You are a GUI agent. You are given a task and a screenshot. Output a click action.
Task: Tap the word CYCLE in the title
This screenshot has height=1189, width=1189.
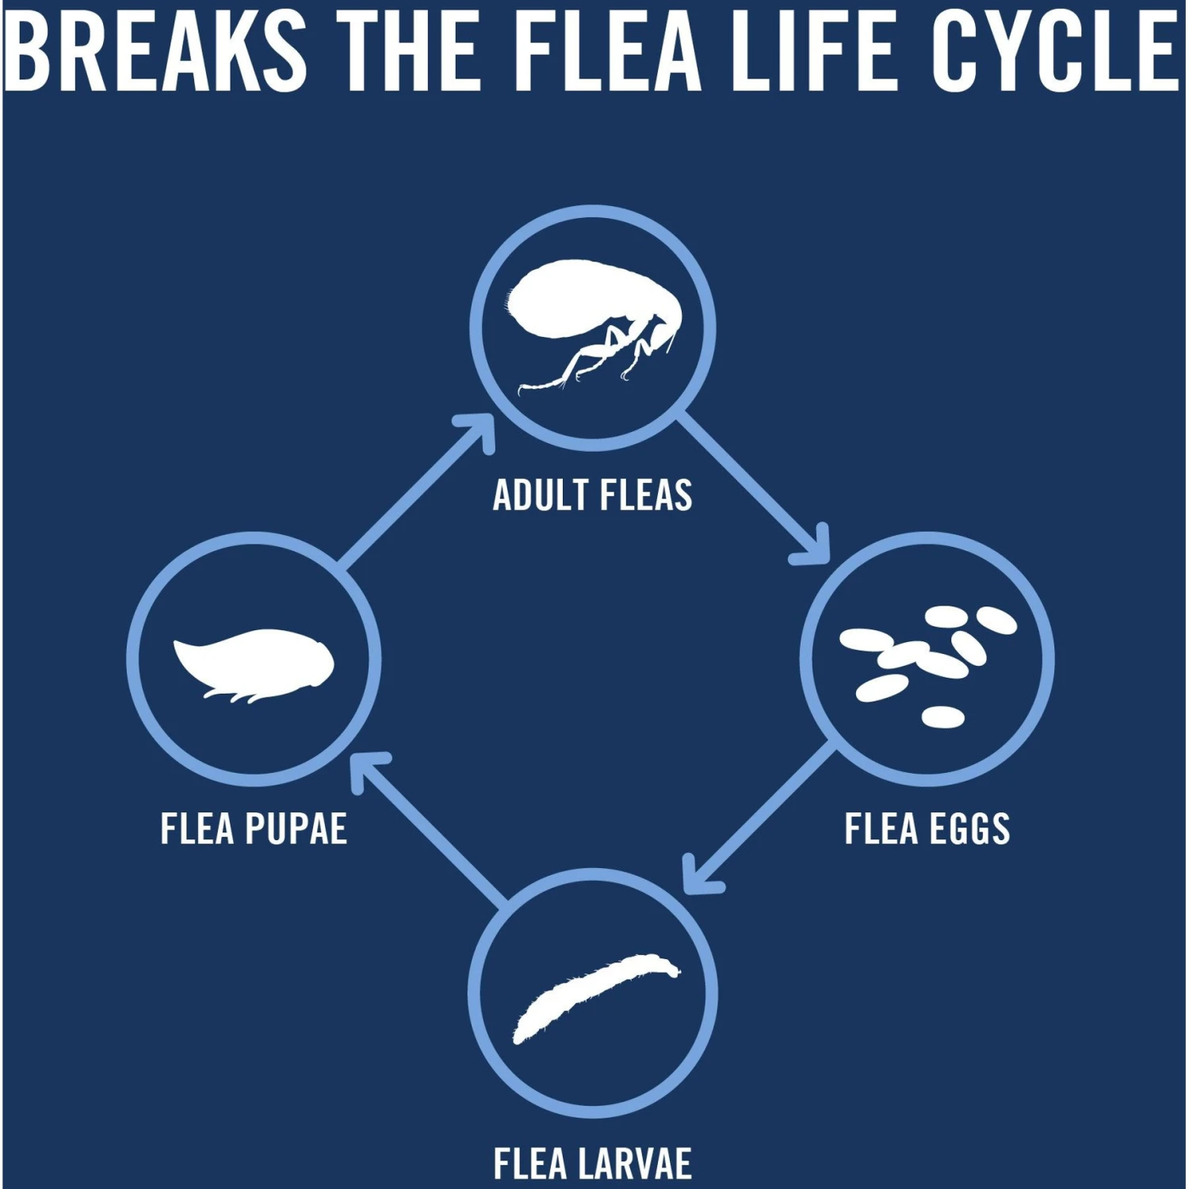(1055, 52)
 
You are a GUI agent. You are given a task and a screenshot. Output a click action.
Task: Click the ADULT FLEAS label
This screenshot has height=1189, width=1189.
(592, 495)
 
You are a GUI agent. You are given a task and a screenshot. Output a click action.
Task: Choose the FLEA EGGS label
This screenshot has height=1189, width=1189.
(927, 829)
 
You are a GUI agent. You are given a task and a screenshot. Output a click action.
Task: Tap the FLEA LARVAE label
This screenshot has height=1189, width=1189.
(592, 1164)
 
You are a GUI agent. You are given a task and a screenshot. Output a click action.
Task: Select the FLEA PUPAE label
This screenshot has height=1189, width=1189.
(254, 829)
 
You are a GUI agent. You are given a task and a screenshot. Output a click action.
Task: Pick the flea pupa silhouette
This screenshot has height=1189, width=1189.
(254, 662)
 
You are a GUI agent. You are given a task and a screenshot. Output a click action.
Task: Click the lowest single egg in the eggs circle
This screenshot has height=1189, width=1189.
(942, 717)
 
